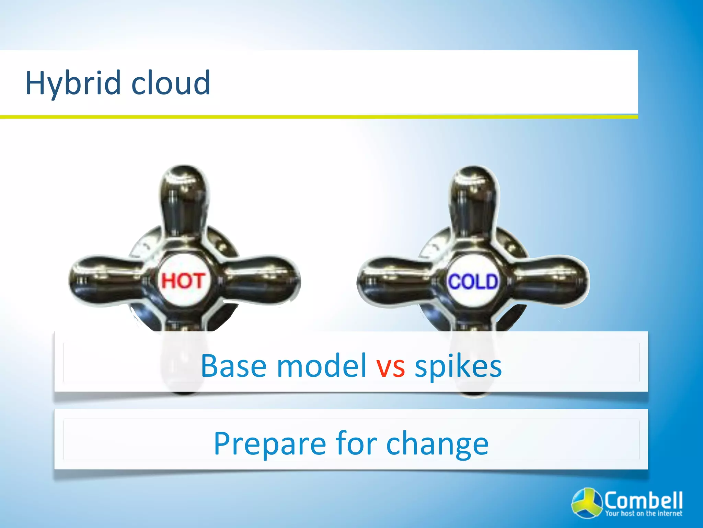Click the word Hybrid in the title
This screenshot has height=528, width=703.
tap(73, 83)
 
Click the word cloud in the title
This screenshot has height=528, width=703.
tap(171, 82)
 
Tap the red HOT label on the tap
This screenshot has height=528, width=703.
tap(183, 281)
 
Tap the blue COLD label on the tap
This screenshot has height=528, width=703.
tap(473, 282)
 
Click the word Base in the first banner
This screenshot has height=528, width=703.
tap(233, 366)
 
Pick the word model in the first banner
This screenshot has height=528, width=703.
tap(322, 366)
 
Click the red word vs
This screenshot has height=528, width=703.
tap(391, 366)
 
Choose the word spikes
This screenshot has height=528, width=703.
tap(458, 366)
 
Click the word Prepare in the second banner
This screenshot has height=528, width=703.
tap(270, 444)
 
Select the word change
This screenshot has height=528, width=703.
tap(437, 444)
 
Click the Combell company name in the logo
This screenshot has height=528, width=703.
tap(643, 500)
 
